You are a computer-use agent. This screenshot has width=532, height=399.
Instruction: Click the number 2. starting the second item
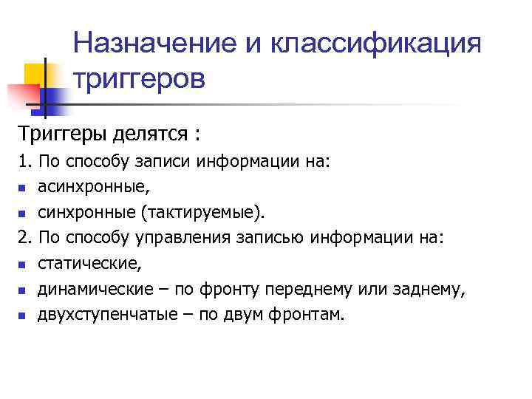26,237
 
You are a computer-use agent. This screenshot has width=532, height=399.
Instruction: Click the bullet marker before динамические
22,290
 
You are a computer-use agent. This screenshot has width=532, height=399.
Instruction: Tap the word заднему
433,289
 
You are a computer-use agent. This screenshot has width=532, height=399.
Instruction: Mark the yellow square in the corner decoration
33,72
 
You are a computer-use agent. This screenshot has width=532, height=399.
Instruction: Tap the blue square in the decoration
53,94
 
